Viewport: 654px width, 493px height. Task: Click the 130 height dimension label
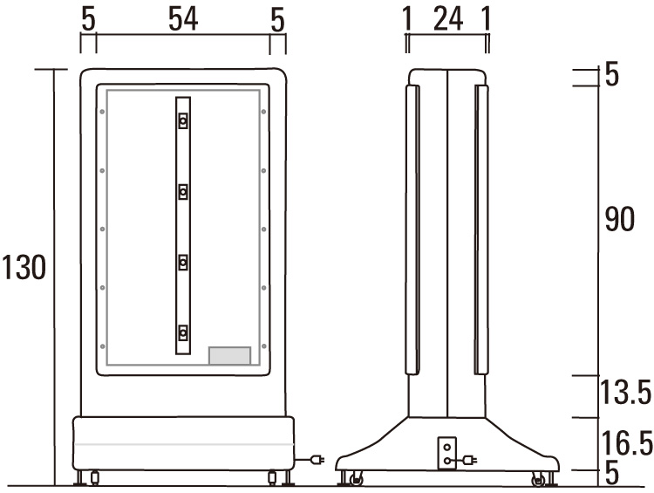(x=24, y=267)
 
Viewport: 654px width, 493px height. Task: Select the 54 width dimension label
(x=183, y=19)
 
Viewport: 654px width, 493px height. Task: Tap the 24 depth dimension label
(x=448, y=19)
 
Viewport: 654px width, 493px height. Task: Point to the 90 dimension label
(x=620, y=218)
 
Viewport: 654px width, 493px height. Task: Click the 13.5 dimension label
(x=625, y=392)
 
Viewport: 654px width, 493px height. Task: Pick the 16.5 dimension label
(x=627, y=443)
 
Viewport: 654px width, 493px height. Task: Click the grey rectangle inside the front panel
(x=229, y=356)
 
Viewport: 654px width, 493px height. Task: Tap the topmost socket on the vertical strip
(x=183, y=121)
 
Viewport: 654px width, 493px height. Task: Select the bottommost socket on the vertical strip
(x=183, y=333)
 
